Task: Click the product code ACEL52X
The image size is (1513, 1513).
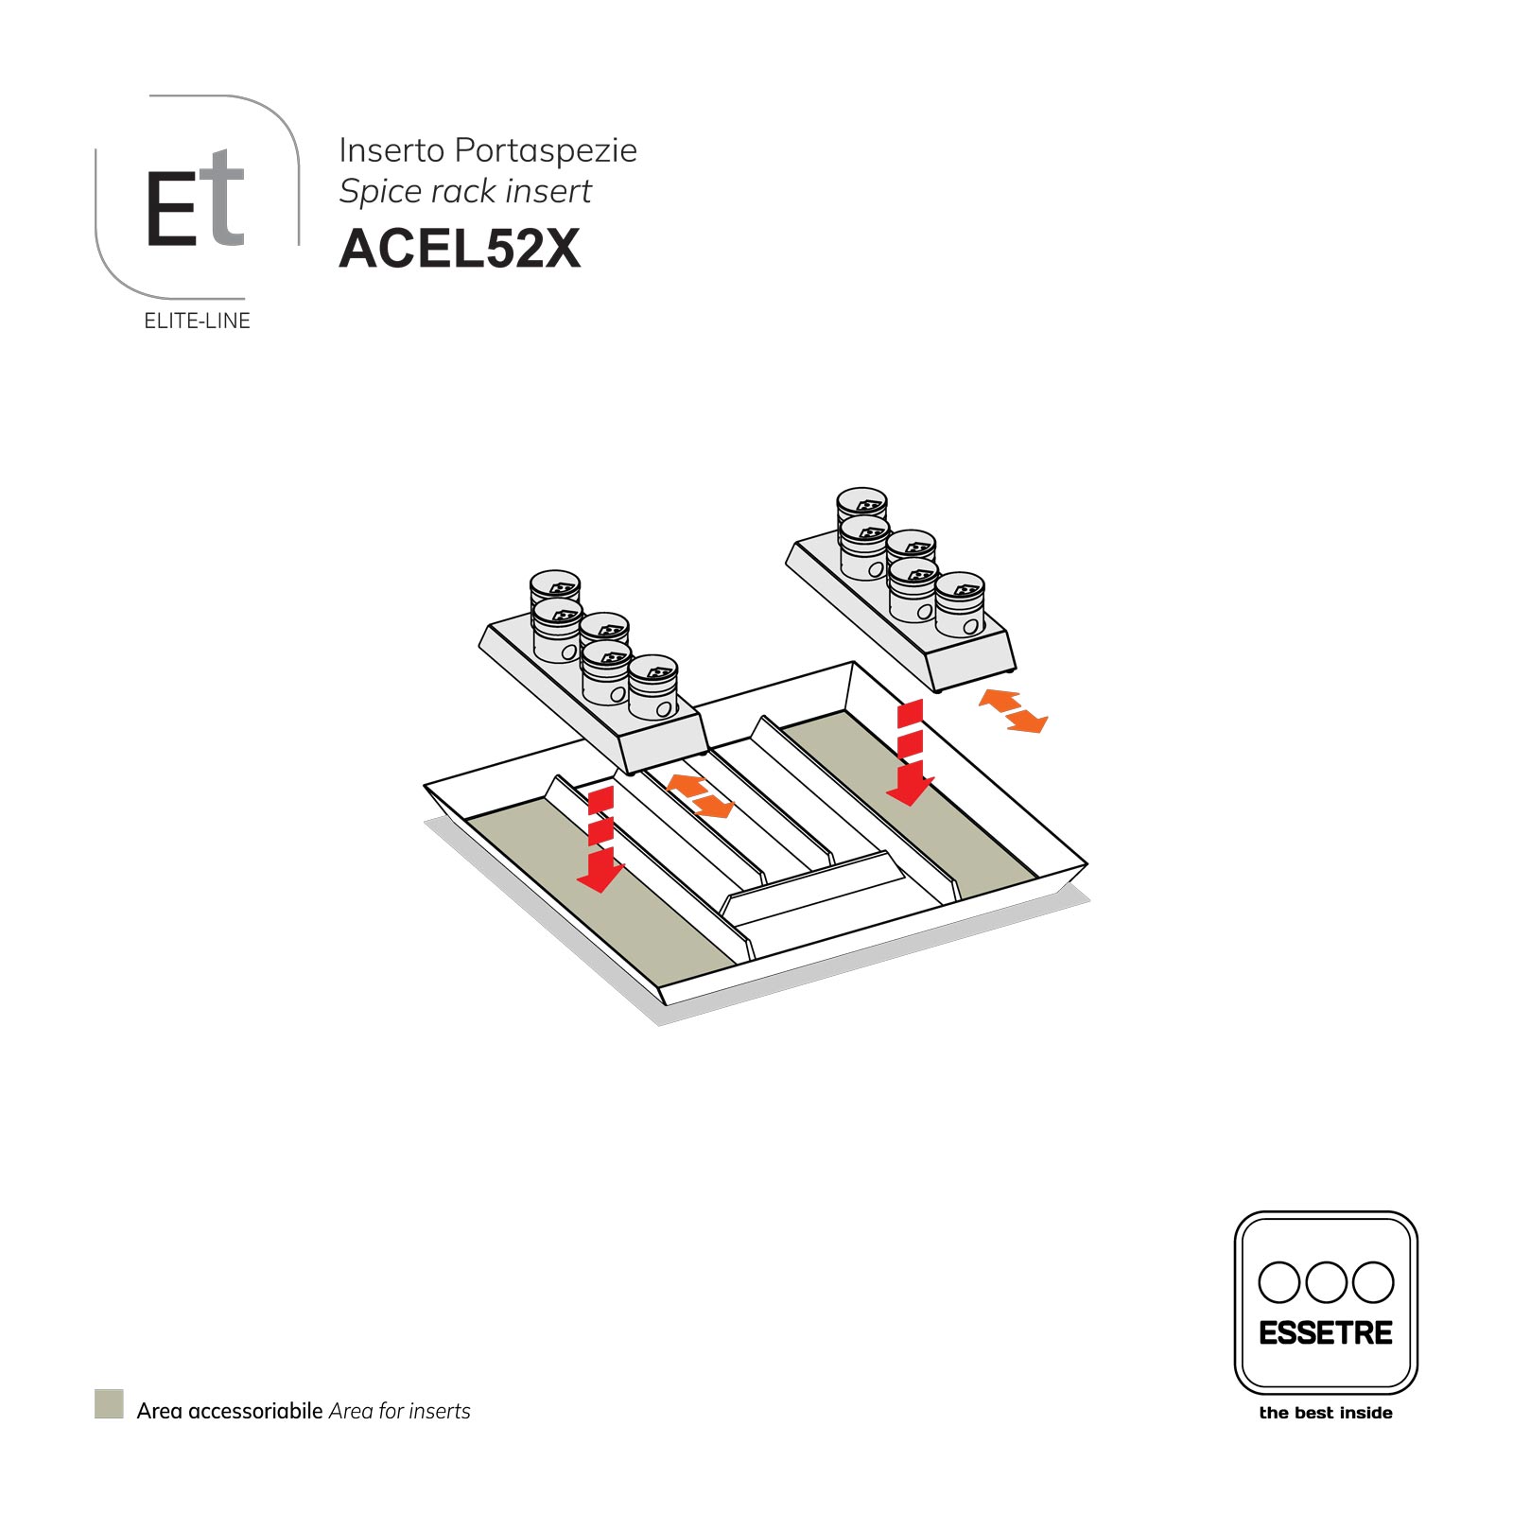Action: click(x=460, y=248)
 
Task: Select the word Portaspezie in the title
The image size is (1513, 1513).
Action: click(x=546, y=150)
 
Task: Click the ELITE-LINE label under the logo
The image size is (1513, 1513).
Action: click(x=197, y=322)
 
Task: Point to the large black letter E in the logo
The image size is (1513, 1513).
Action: click(x=171, y=209)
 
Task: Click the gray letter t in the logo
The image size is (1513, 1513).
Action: click(x=224, y=199)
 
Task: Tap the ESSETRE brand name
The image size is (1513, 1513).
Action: click(x=1325, y=1333)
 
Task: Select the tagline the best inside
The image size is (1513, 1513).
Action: click(x=1325, y=1413)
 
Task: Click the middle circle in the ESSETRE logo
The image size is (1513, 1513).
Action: click(x=1326, y=1282)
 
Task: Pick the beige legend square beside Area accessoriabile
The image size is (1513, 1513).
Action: click(x=109, y=1403)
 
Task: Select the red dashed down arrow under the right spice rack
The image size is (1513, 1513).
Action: click(x=910, y=755)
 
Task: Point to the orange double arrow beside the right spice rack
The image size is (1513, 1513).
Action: click(x=1013, y=711)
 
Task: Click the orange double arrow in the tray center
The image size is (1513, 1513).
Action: click(x=700, y=796)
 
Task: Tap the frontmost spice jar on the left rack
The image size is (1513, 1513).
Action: click(x=653, y=688)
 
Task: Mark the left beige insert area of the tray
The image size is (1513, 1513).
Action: click(x=596, y=908)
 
